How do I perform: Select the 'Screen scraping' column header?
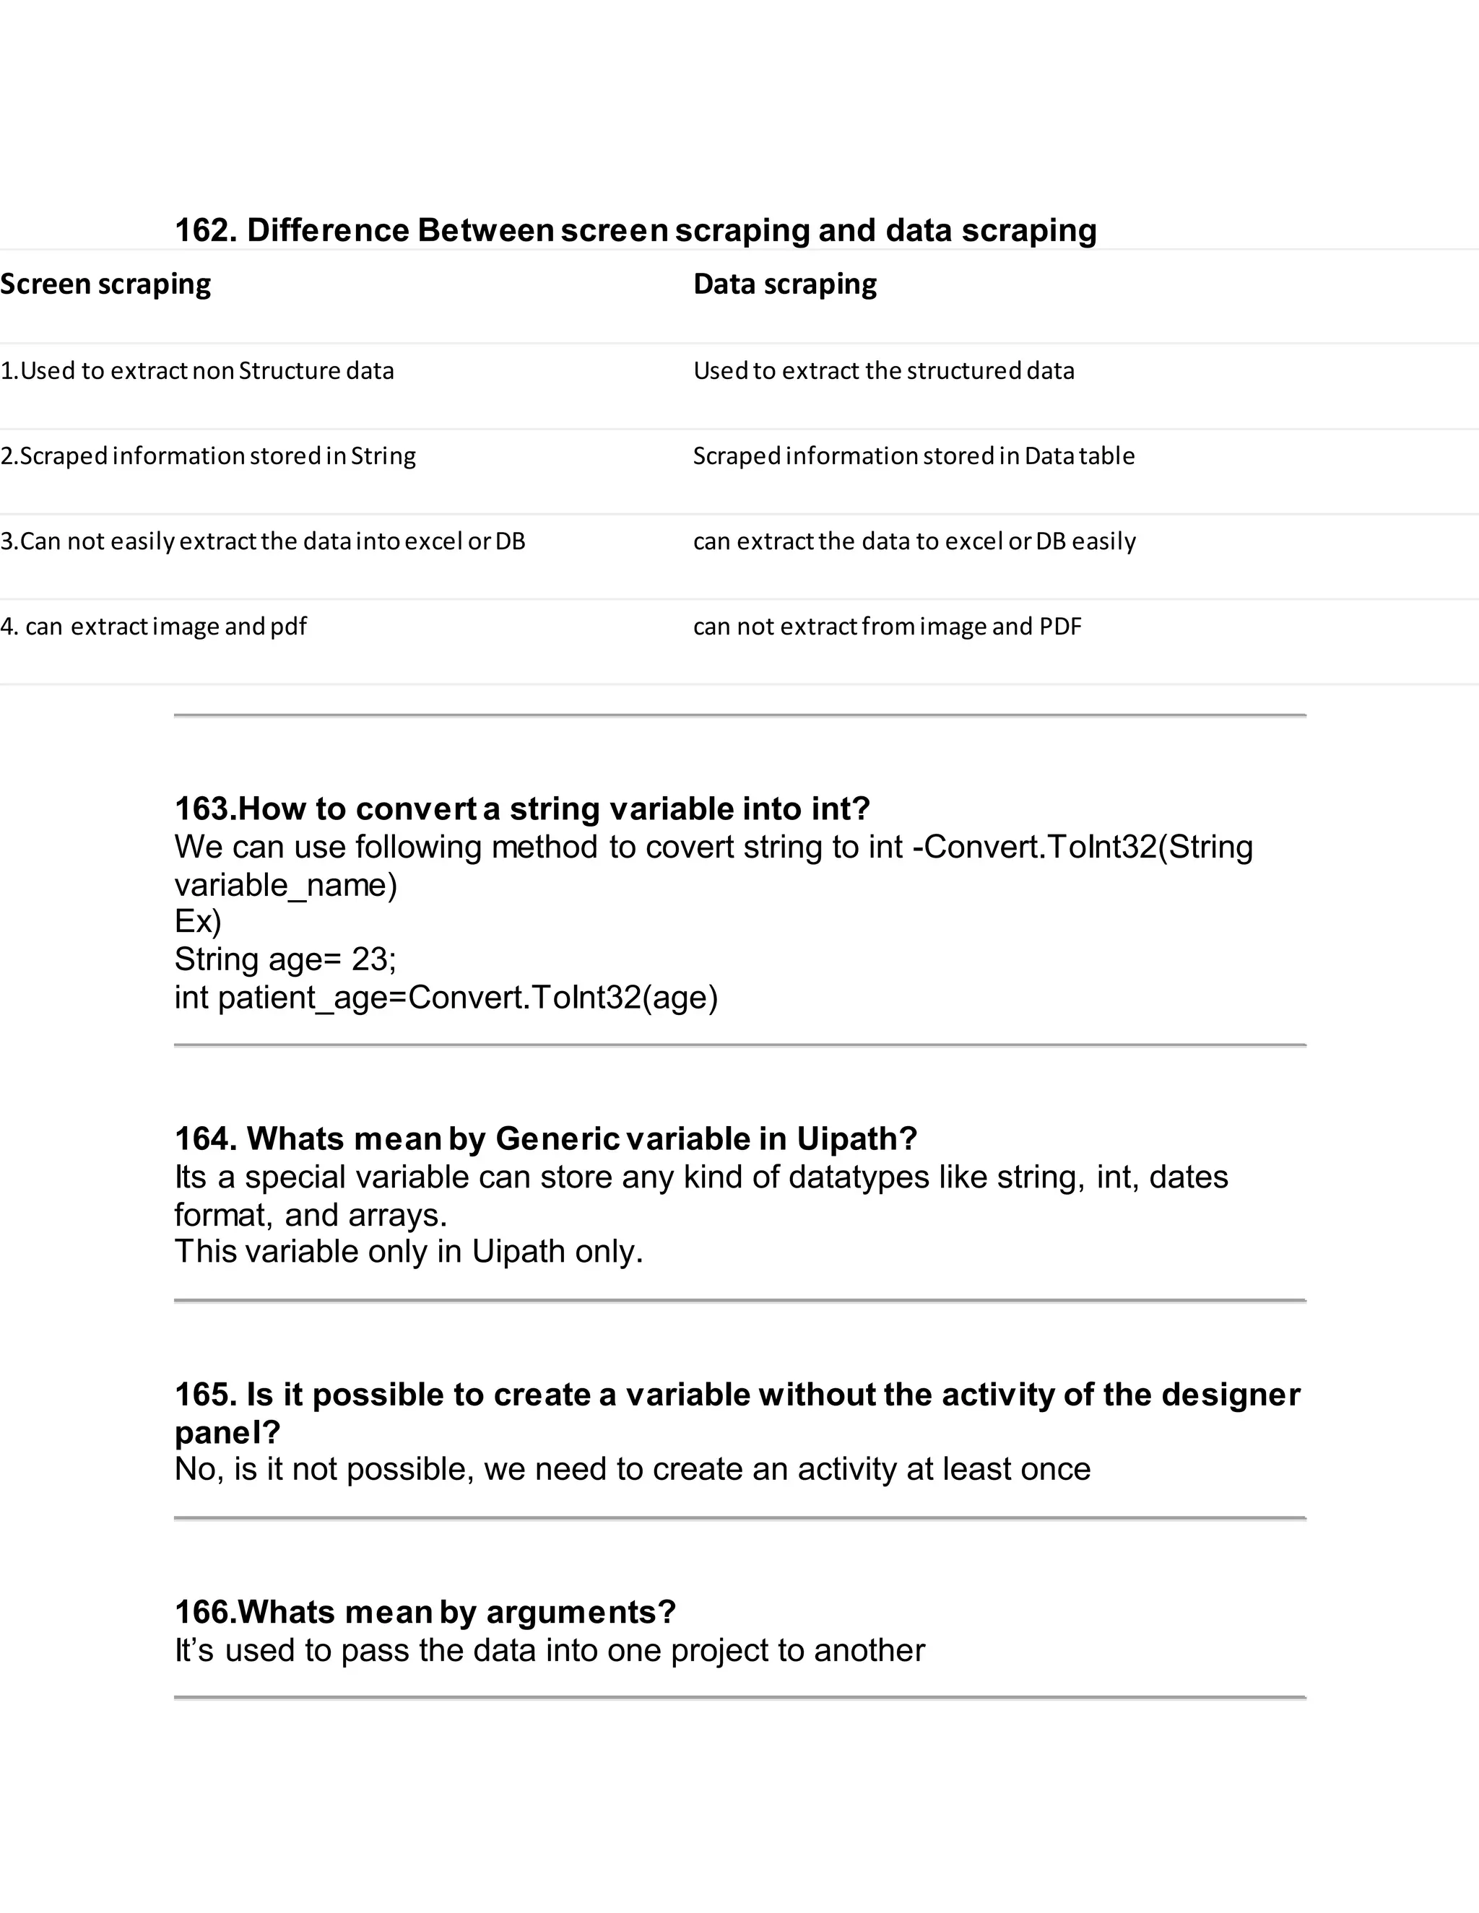[x=106, y=284]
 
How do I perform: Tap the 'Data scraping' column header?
[x=785, y=284]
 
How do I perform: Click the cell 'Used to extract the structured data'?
[x=883, y=370]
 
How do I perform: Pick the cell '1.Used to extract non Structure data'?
[x=197, y=370]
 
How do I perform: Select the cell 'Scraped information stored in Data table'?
[x=913, y=456]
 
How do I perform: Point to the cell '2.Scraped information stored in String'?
[x=208, y=456]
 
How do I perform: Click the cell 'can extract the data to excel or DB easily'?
[x=914, y=541]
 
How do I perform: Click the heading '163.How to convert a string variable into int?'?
[x=522, y=809]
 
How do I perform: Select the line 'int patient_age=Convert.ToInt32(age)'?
[x=446, y=998]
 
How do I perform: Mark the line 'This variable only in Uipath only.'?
[x=408, y=1252]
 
